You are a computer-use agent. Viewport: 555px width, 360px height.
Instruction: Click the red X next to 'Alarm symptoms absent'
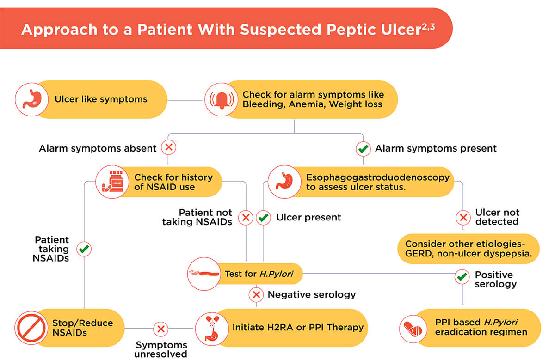168,148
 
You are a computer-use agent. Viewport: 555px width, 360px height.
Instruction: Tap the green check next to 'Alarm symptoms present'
363,149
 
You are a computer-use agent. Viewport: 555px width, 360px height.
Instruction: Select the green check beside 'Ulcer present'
263,217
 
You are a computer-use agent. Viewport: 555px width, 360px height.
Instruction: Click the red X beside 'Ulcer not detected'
462,217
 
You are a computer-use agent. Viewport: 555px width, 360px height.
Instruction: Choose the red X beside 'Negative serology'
256,294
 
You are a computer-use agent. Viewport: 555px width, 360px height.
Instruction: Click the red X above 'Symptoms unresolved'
161,329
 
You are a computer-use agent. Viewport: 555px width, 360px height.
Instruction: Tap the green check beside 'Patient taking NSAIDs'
84,249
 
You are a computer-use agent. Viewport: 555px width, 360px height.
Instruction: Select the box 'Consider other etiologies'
469,249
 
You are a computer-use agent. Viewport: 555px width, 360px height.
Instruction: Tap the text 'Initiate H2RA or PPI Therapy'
298,328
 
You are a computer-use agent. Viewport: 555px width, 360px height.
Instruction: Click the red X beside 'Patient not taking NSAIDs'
246,217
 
